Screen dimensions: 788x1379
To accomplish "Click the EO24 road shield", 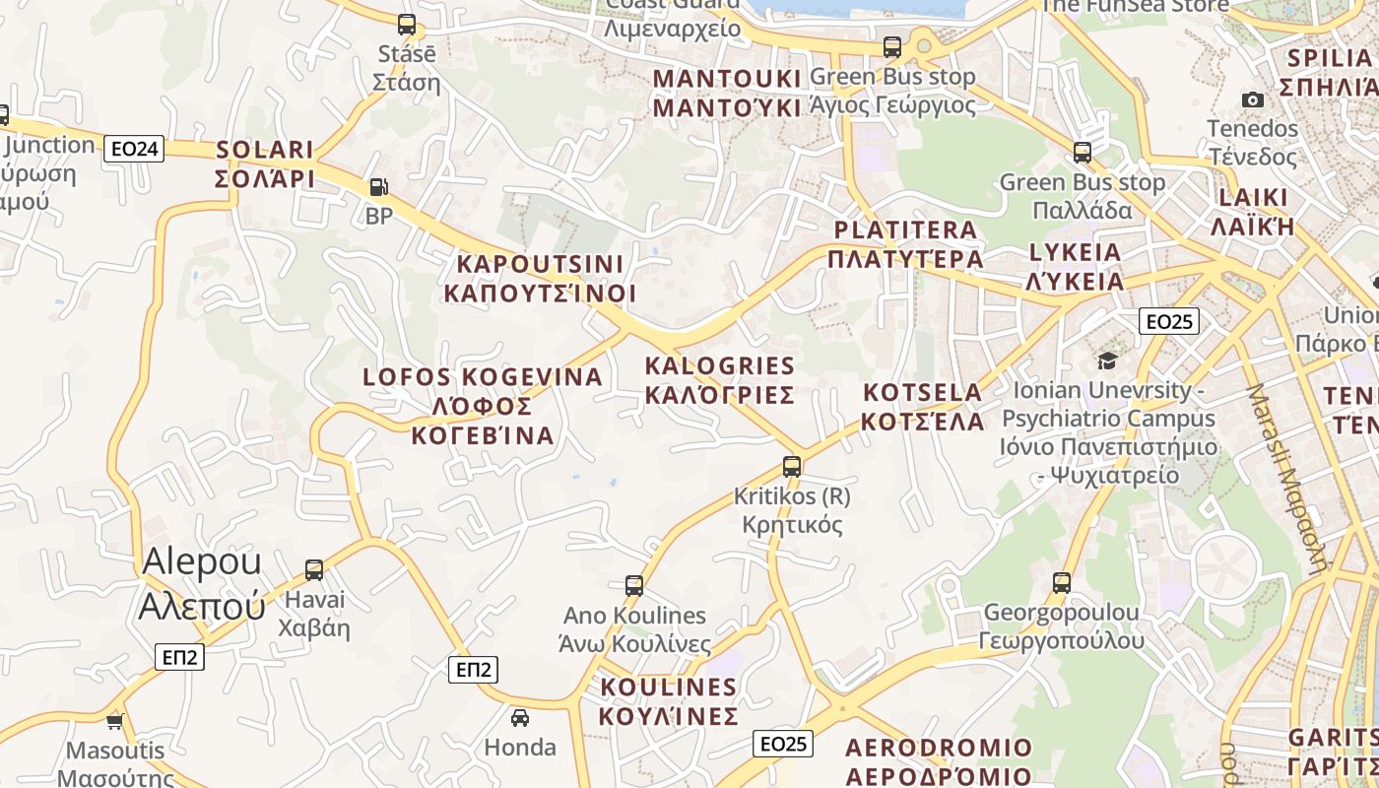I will click(135, 149).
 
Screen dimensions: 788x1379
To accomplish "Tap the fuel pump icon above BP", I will click(378, 187).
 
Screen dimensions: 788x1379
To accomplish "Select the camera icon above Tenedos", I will click(1253, 99).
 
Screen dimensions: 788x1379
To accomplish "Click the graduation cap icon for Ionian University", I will click(1107, 361).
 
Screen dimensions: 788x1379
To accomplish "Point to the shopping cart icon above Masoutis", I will click(115, 721).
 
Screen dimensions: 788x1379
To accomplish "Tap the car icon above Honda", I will click(520, 717).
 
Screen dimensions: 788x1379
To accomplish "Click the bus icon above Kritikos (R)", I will click(792, 467).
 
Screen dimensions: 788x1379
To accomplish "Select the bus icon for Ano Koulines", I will click(634, 586).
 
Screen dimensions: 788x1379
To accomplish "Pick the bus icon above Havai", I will click(314, 569).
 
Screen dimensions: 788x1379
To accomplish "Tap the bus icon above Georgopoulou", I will click(1061, 582).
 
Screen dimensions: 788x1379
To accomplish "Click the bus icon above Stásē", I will click(406, 25).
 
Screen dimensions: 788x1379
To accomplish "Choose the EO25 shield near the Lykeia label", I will click(1169, 321).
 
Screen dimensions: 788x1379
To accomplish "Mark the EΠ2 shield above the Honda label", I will click(474, 670).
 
